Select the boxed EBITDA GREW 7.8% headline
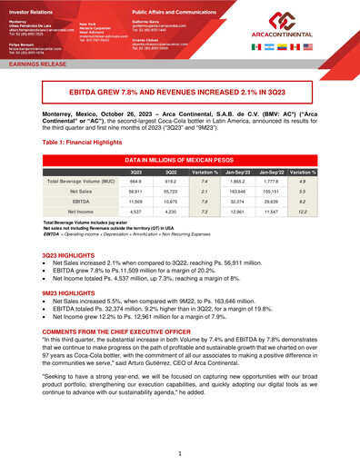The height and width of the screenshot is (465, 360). pos(180,93)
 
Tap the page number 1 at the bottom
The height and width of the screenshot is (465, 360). pos(180,451)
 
